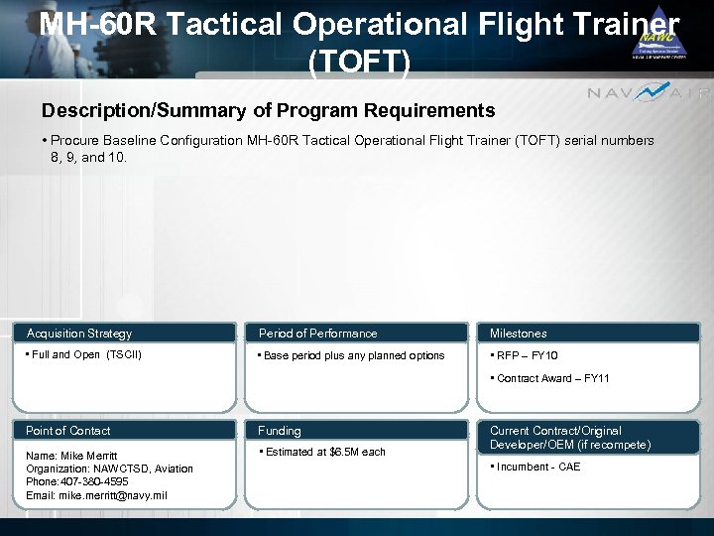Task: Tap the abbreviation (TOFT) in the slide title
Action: pyautogui.click(x=359, y=63)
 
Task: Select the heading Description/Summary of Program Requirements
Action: pyautogui.click(x=268, y=110)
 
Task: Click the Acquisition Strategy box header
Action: pyautogui.click(x=79, y=334)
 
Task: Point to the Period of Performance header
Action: pyautogui.click(x=318, y=334)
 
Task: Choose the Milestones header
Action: pyautogui.click(x=518, y=334)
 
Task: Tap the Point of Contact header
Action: pyautogui.click(x=68, y=431)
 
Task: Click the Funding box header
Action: pyautogui.click(x=280, y=431)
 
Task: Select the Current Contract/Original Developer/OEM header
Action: pyautogui.click(x=570, y=438)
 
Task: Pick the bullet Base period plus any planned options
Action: pyautogui.click(x=353, y=355)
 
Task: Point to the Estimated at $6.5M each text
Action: pyautogui.click(x=324, y=452)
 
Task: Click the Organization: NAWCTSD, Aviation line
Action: pyautogui.click(x=109, y=469)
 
